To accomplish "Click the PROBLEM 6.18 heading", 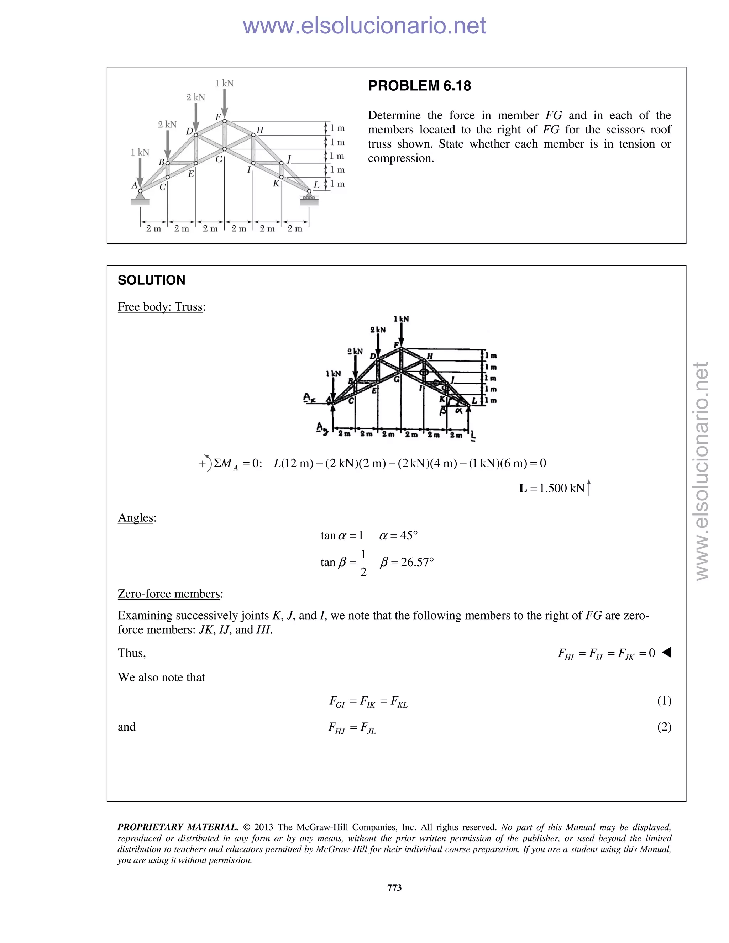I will click(x=419, y=86).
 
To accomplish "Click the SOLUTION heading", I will click(x=151, y=280).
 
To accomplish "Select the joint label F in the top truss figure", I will click(x=218, y=117).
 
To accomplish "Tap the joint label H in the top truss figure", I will click(x=259, y=130).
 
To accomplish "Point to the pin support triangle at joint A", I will click(x=140, y=196).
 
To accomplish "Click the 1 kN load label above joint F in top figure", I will click(x=224, y=83).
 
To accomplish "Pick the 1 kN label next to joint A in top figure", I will click(x=140, y=152).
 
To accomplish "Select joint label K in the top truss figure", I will click(x=276, y=184).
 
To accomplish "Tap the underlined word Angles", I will click(x=136, y=518).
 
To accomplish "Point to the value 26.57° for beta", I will click(x=417, y=562).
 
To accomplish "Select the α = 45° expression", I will click(x=398, y=536).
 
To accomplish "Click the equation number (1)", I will click(x=664, y=700).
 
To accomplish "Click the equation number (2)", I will click(x=664, y=727).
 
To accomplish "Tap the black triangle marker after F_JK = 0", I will click(x=666, y=652).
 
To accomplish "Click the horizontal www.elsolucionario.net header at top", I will click(x=364, y=26).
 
